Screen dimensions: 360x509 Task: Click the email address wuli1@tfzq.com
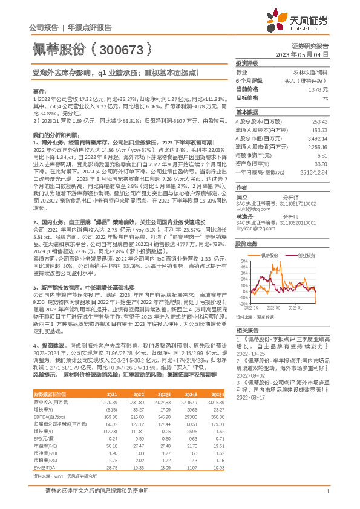tap(250, 208)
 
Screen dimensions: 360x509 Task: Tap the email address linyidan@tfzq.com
tap(255, 229)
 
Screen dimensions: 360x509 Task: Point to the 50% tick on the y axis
tap(243, 261)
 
